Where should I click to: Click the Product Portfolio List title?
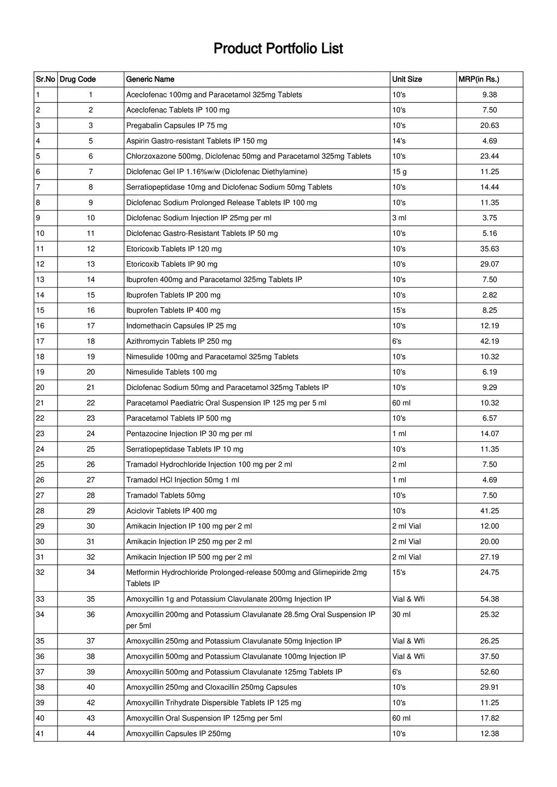click(x=278, y=49)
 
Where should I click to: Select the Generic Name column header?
click(x=150, y=79)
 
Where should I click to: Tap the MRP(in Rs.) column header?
click(x=479, y=79)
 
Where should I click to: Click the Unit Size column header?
click(x=407, y=79)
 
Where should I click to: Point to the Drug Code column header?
click(x=78, y=79)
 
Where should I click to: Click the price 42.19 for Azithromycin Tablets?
click(x=490, y=341)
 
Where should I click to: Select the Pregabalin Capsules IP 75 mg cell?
click(x=177, y=125)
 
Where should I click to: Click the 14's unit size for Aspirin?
click(x=399, y=141)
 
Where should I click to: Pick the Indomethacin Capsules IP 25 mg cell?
click(x=181, y=326)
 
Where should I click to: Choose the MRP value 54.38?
click(x=490, y=599)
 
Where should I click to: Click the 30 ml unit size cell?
click(x=401, y=614)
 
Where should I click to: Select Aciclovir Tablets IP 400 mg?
click(x=171, y=511)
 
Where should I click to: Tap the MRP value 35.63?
click(x=490, y=249)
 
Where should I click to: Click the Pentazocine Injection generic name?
click(x=189, y=434)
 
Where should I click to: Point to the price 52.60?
click(x=490, y=672)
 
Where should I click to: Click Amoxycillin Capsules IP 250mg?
click(x=178, y=733)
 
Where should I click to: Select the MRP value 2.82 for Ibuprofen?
click(x=490, y=295)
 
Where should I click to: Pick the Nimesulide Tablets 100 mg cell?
click(x=171, y=372)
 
